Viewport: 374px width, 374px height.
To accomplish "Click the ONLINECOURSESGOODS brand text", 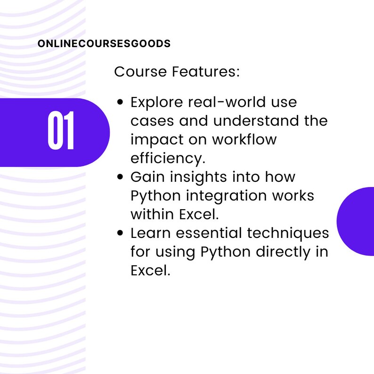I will (104, 44).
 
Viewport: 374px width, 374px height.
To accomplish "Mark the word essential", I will (212, 233).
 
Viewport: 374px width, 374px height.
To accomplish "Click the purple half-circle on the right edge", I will (357, 221).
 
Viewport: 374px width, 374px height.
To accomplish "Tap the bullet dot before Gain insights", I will (121, 177).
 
